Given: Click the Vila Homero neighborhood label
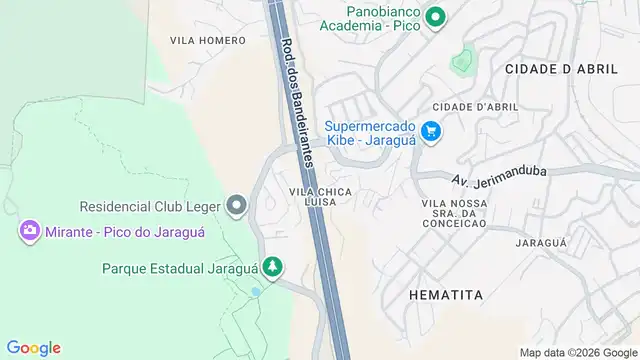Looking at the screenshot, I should [207, 40].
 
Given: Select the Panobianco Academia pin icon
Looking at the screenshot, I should [435, 17].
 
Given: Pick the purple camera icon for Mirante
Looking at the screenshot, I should [29, 232].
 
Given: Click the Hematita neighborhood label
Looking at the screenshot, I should [446, 295].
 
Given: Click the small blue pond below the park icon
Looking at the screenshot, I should [257, 292].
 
